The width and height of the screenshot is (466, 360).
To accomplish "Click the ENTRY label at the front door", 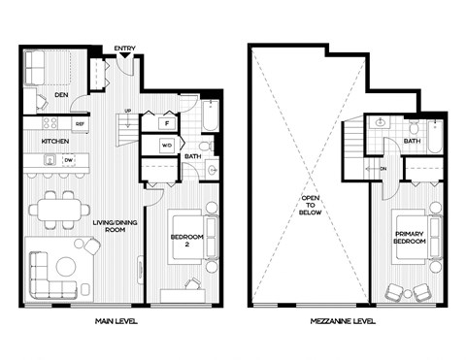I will (124, 48).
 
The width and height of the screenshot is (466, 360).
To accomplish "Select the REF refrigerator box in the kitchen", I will (79, 124).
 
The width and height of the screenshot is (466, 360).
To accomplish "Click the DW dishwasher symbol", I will (68, 160).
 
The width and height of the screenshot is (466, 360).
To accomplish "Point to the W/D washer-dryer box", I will (166, 146).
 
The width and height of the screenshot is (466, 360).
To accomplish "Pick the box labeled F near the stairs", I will (167, 124).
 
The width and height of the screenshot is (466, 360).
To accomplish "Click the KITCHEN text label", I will (53, 141).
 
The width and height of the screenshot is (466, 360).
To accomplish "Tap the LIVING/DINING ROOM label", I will (115, 227).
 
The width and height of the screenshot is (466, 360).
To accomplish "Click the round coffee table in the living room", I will (66, 266).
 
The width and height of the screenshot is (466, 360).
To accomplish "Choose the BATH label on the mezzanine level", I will (412, 141).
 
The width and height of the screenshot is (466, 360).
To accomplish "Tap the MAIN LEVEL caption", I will (115, 321).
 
